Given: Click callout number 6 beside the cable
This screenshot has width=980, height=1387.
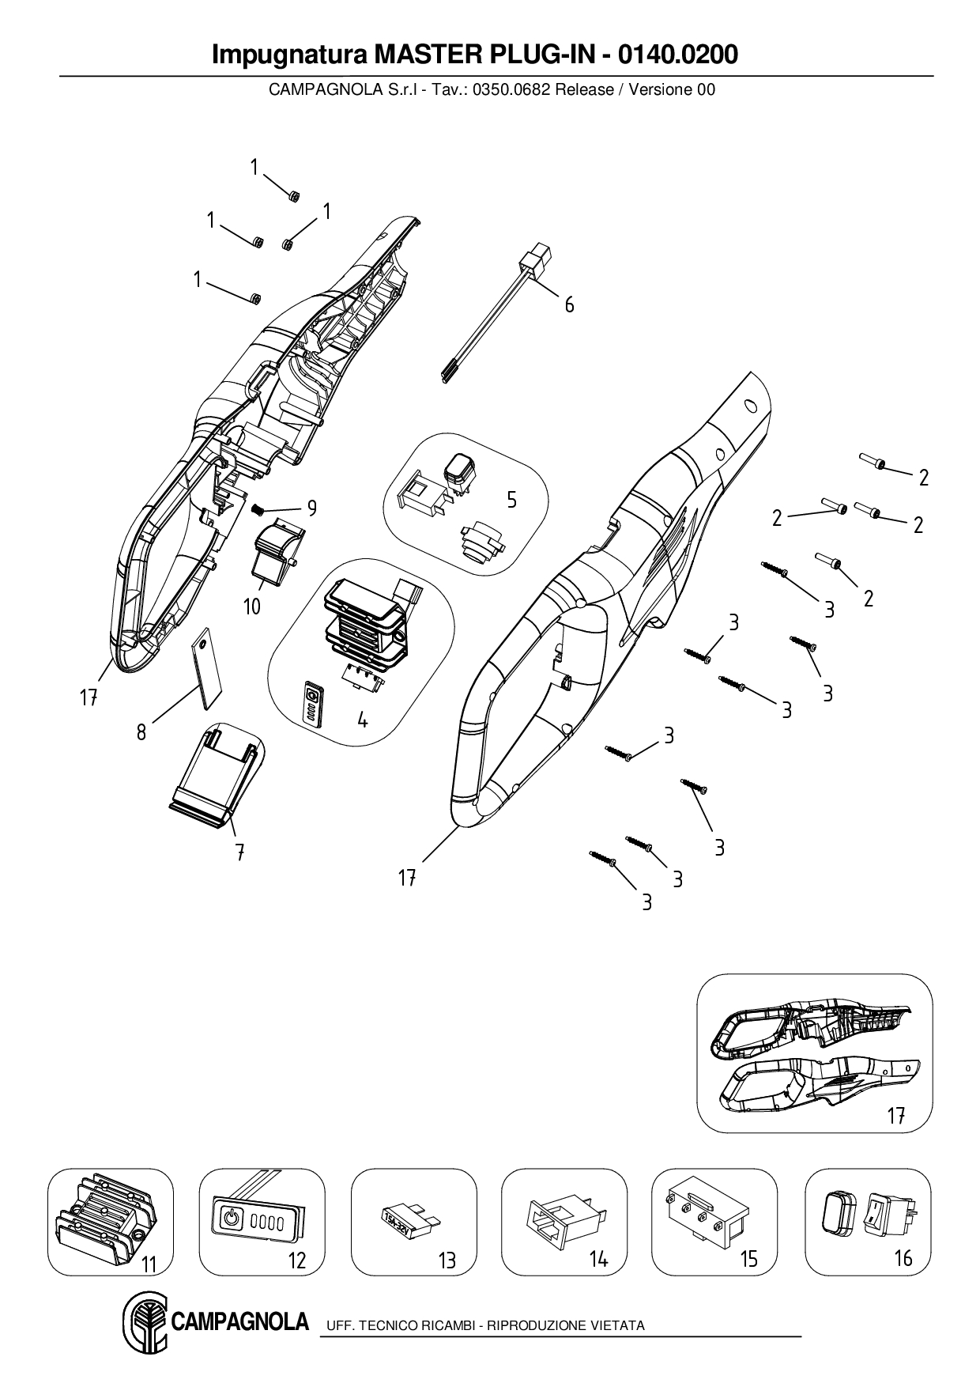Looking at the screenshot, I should tap(569, 304).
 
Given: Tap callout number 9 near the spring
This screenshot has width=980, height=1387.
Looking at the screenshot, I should tap(312, 508).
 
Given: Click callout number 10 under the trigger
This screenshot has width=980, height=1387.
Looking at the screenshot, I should tap(252, 607).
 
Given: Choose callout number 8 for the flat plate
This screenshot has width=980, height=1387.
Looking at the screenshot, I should tap(141, 732).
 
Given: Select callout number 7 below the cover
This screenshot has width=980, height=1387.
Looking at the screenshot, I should tap(239, 852).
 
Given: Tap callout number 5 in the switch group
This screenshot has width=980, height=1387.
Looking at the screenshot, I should tap(511, 500).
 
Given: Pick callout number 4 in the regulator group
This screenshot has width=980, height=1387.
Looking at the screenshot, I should tap(362, 720).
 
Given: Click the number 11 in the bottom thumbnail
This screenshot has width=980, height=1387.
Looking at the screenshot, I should tap(149, 1265).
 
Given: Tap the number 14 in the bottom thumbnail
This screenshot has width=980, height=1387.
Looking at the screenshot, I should tap(598, 1260).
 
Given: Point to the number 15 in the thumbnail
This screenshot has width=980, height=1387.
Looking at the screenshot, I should tap(748, 1259).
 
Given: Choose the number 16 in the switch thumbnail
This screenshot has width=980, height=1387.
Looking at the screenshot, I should tap(903, 1257).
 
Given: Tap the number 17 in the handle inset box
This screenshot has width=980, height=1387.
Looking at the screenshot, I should tap(895, 1116).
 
